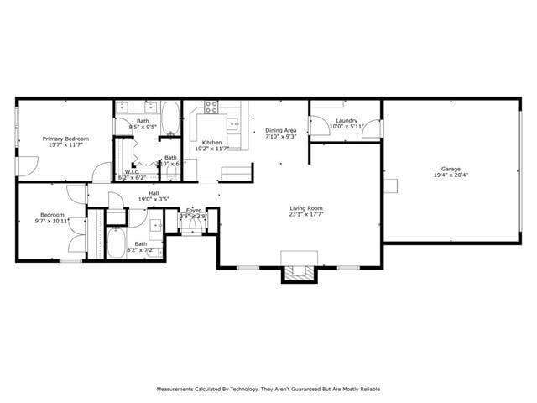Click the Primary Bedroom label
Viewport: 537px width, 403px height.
(66, 139)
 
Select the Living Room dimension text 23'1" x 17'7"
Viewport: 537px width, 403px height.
(306, 215)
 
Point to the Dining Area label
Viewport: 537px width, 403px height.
(281, 130)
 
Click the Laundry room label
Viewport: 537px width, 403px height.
(347, 121)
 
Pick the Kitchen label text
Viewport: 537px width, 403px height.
(211, 143)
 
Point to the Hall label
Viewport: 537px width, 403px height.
(154, 193)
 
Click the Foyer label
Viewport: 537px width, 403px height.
(193, 210)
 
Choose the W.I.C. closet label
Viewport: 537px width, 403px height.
(132, 172)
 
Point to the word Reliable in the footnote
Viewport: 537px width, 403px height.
(364, 390)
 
